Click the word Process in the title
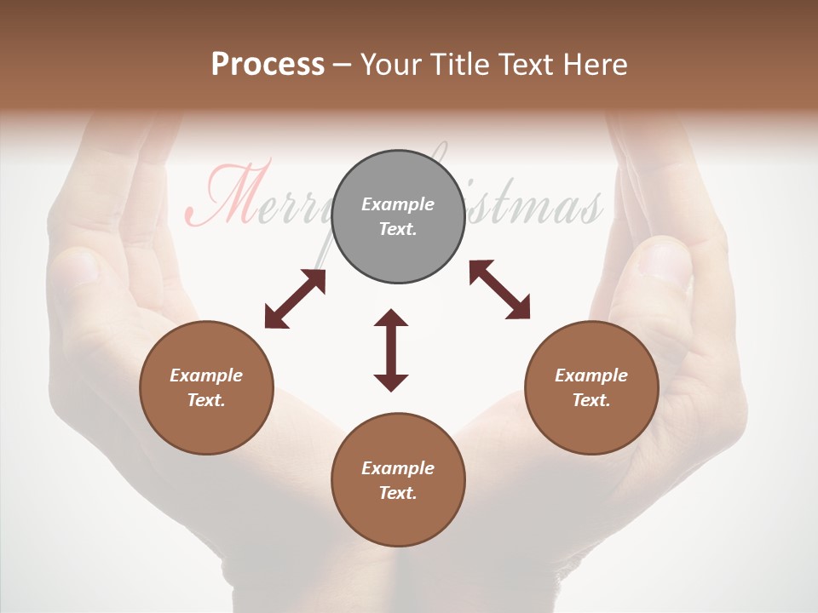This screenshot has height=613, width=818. pos(268,65)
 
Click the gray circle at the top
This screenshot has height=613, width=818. pos(398,216)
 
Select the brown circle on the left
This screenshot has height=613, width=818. pos(206,387)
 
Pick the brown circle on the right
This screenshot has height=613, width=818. pos(591,387)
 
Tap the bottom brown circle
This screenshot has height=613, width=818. pos(398,480)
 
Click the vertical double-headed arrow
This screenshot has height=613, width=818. pos(391,351)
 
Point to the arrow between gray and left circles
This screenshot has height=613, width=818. pos(295,299)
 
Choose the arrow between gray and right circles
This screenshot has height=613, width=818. pos(499,289)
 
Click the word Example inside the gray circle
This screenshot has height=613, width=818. pos(398,204)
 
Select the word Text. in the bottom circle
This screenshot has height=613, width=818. pos(398,493)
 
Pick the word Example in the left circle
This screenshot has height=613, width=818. pos(206,375)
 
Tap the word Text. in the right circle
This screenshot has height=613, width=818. pos(591,400)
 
